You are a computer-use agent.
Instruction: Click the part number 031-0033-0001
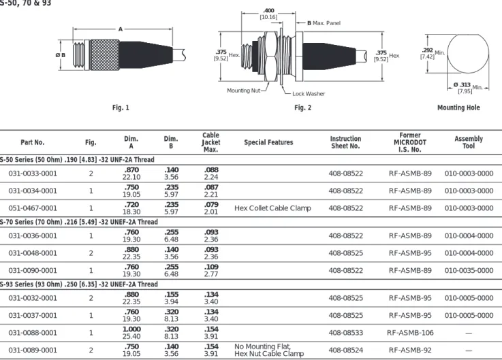coord(33,174)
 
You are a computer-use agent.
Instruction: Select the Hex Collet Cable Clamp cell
coord(272,208)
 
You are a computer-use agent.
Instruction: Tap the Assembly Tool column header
coord(469,142)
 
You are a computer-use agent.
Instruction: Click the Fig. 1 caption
coord(121,108)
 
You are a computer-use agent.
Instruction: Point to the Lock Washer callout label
coord(309,94)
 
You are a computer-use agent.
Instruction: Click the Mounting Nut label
coord(243,91)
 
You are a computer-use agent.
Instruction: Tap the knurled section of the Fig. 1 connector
coord(105,54)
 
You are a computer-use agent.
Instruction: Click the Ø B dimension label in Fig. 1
coord(60,55)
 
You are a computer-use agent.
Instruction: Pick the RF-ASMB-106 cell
coord(410,333)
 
